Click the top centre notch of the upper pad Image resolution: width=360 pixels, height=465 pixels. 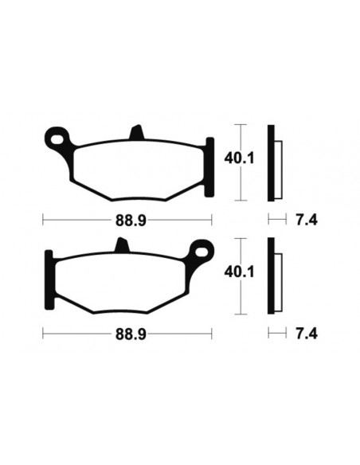(x=135, y=132)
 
